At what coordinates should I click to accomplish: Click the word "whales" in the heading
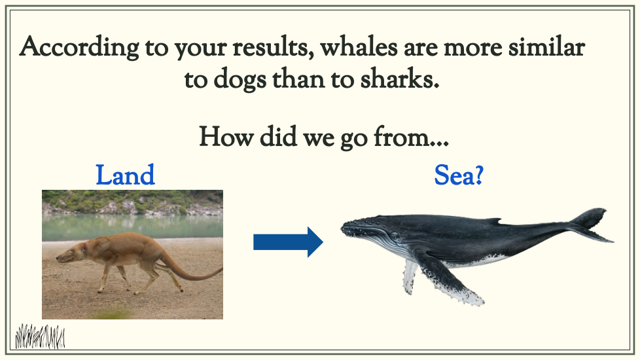click(x=359, y=46)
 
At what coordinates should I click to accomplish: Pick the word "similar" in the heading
click(x=546, y=46)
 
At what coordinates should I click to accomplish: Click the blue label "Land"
click(x=125, y=175)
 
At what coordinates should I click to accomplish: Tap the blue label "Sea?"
click(x=459, y=175)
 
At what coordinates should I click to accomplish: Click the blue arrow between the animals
click(x=288, y=242)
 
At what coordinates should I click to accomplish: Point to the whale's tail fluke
click(x=592, y=224)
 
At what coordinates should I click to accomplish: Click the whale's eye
click(x=395, y=236)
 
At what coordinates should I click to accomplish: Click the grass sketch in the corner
click(x=40, y=336)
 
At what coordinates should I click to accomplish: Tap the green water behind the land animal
click(x=132, y=226)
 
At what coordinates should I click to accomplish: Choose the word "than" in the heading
click(x=298, y=79)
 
